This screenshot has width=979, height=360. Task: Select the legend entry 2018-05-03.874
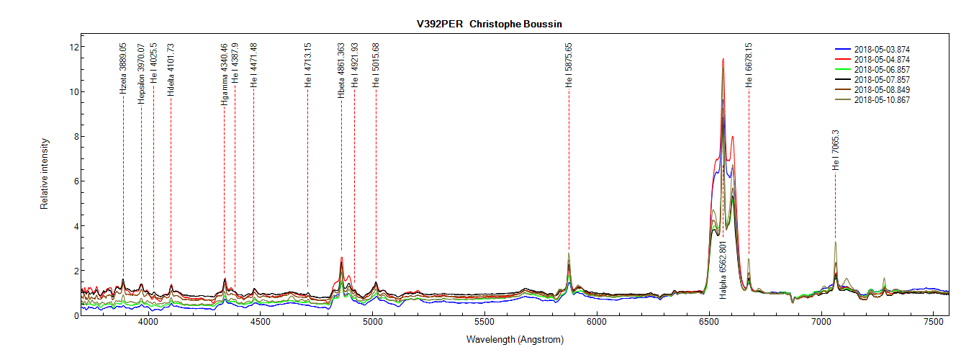(x=882, y=49)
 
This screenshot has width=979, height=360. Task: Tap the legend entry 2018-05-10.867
(x=882, y=100)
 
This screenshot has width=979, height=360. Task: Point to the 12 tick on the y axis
(x=73, y=47)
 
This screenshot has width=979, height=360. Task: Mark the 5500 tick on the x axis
(x=484, y=324)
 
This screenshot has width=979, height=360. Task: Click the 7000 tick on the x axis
(x=821, y=324)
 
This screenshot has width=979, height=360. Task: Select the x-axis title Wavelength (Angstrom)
(x=515, y=339)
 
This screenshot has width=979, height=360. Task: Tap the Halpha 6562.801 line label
(x=723, y=270)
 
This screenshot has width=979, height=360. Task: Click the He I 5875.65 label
(x=569, y=66)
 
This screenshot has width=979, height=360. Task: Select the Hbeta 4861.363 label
(x=341, y=70)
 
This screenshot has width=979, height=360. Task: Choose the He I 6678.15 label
(x=749, y=66)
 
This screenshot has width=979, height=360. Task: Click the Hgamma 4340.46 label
(x=225, y=74)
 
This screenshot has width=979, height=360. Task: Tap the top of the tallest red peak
(x=723, y=59)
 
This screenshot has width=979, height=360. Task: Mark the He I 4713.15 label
(x=308, y=66)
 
